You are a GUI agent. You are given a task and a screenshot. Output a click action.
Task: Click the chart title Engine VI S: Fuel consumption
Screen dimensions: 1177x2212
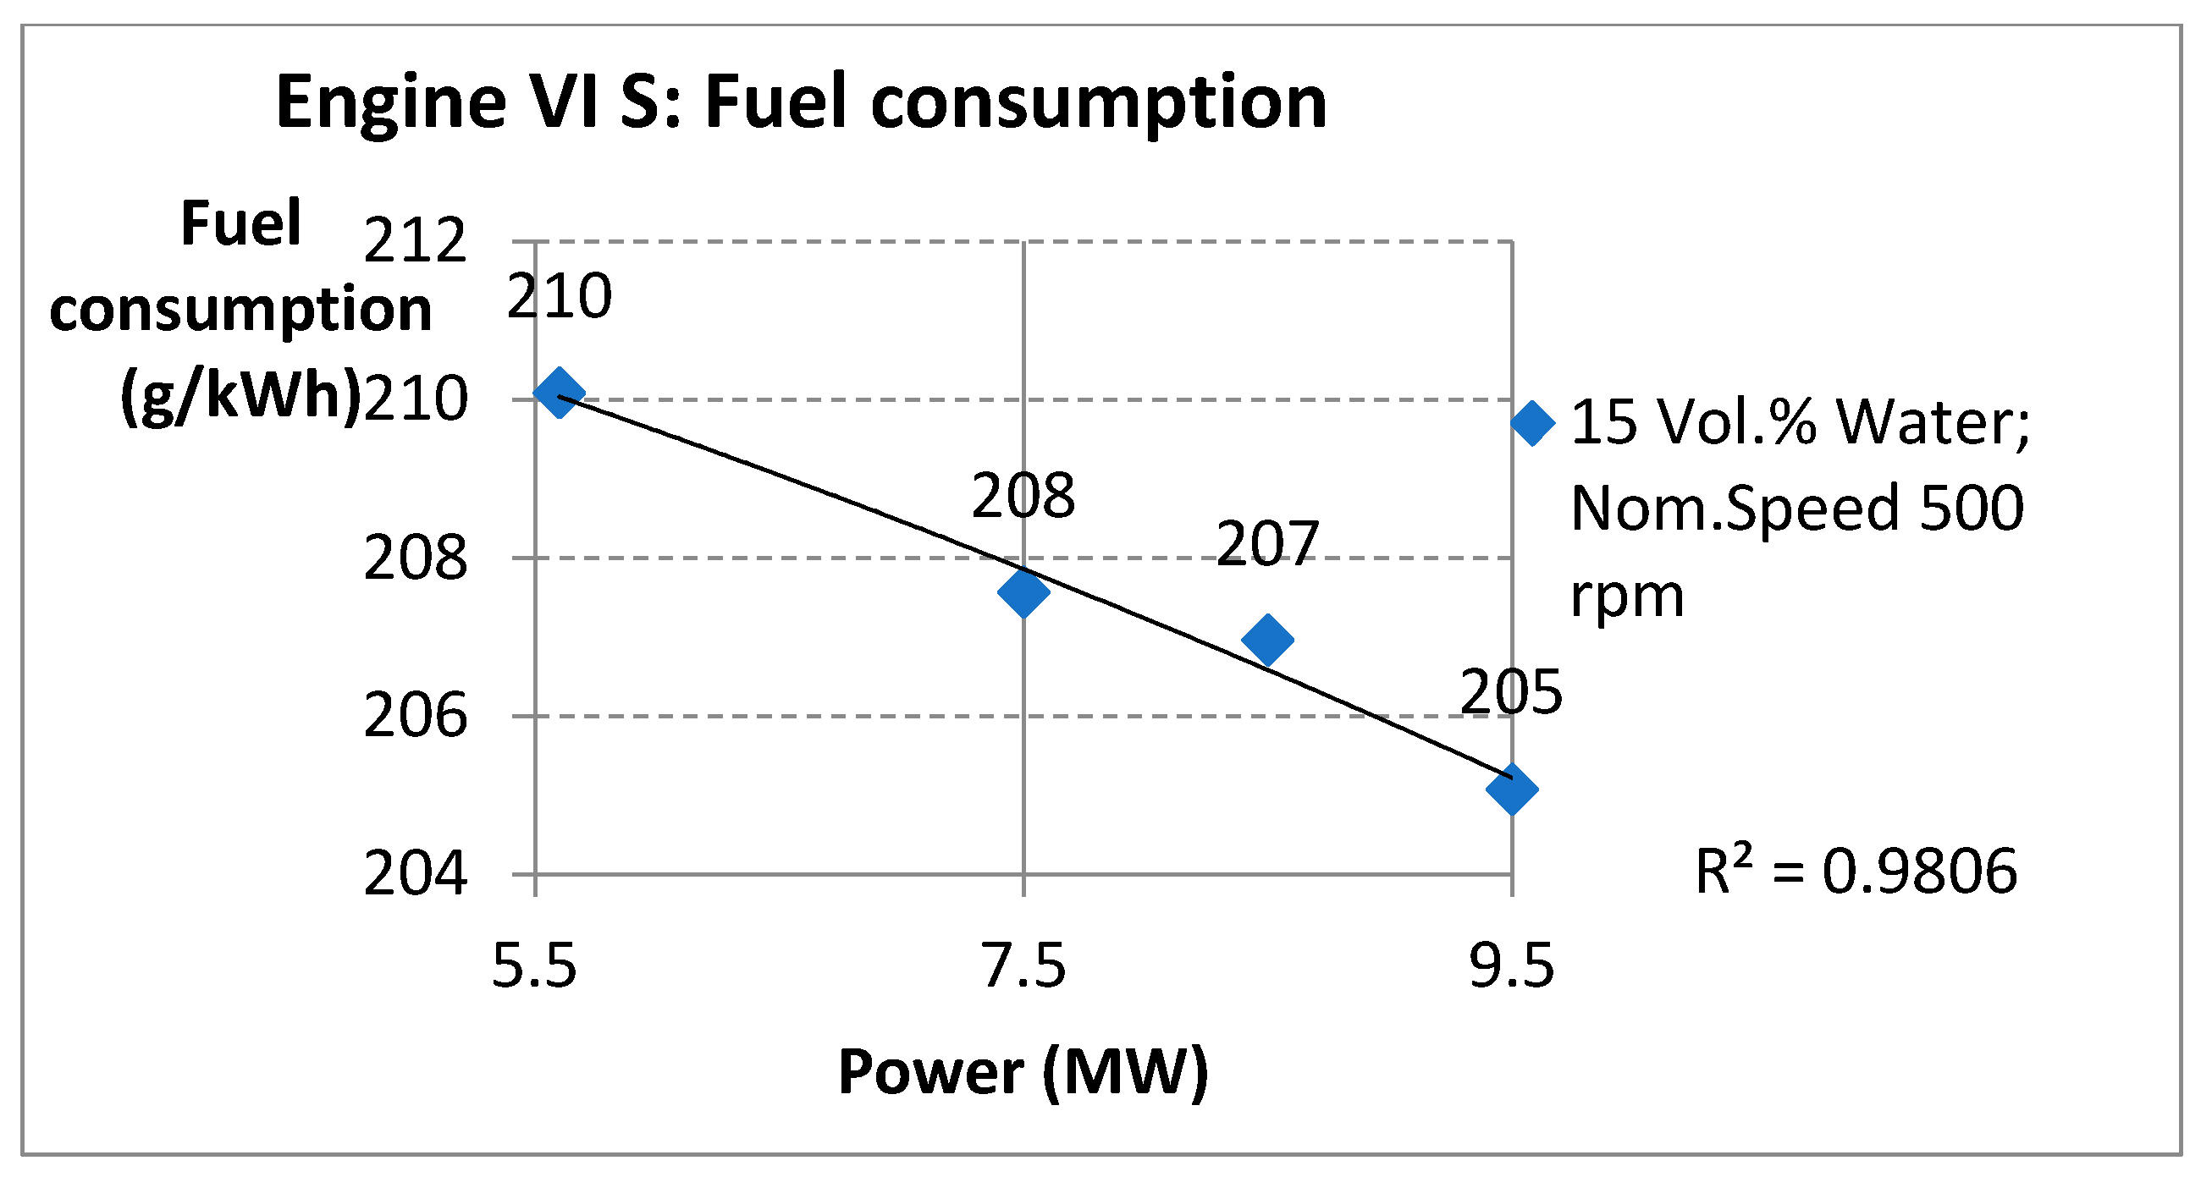tap(801, 103)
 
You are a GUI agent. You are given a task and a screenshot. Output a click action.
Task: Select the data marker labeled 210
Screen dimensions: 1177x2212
tap(559, 393)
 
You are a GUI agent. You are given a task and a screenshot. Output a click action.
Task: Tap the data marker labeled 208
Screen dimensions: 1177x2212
tap(1023, 591)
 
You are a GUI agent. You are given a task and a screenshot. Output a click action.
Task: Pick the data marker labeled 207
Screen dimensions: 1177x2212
tap(1267, 640)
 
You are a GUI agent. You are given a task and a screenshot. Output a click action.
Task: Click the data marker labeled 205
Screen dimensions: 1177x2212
tap(1512, 789)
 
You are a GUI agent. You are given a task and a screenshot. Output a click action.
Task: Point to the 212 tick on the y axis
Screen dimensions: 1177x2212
tap(416, 242)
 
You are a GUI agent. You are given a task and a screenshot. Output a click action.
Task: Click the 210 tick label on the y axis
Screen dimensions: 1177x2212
tap(416, 400)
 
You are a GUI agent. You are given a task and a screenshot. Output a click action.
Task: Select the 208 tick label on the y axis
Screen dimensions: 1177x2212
tap(416, 558)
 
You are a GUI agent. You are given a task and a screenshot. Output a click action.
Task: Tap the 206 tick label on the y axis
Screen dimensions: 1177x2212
tap(416, 717)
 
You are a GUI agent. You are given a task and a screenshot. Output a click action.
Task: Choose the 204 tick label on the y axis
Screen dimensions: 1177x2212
tap(416, 875)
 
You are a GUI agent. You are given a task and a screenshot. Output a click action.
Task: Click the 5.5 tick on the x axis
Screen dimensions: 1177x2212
tap(534, 966)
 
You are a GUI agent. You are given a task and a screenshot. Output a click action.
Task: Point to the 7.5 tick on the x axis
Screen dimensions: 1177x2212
tap(1023, 966)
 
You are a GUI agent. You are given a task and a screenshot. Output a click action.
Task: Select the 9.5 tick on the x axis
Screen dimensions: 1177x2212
tap(1512, 966)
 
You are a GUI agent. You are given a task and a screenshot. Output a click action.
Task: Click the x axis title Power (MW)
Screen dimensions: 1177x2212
tap(1023, 1073)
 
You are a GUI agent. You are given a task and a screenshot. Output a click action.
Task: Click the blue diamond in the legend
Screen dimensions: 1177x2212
tap(1533, 423)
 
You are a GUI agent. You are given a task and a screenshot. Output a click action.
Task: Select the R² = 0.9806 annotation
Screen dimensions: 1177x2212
tap(1856, 872)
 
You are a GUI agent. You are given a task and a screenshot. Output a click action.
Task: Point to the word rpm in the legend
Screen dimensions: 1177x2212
tap(1627, 595)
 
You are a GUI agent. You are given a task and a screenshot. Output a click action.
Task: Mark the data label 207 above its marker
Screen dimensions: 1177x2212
tap(1267, 544)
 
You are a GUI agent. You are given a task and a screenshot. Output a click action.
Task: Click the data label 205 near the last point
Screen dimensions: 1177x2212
tap(1511, 693)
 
